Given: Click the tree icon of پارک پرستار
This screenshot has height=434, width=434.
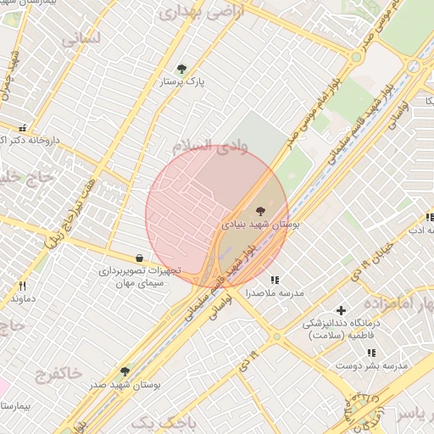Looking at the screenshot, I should [x=181, y=69].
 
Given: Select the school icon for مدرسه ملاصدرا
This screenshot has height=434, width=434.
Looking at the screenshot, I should [x=274, y=279].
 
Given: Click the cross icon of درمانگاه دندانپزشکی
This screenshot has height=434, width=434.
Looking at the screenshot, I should [x=342, y=311].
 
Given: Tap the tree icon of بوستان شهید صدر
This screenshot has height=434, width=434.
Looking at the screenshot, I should [x=125, y=371].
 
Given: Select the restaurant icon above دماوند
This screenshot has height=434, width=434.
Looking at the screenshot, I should [x=23, y=286].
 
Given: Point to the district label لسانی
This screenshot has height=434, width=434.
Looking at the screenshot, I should [x=81, y=37].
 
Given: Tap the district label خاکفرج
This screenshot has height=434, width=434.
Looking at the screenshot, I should [x=59, y=373].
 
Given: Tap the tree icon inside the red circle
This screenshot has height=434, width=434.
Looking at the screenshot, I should [x=259, y=210].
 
